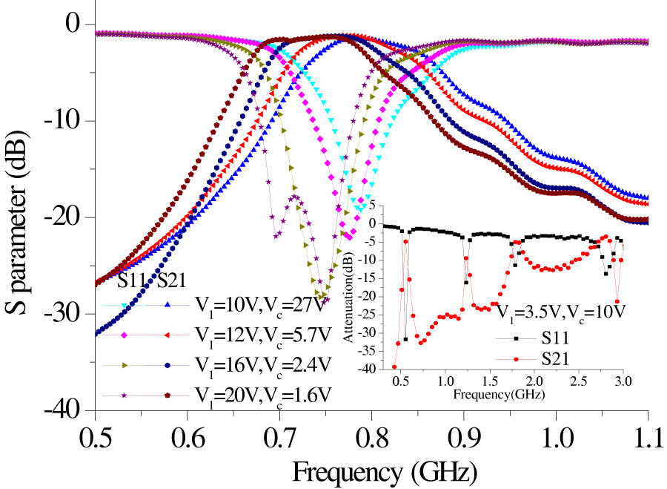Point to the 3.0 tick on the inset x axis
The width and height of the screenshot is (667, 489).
tap(623, 381)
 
